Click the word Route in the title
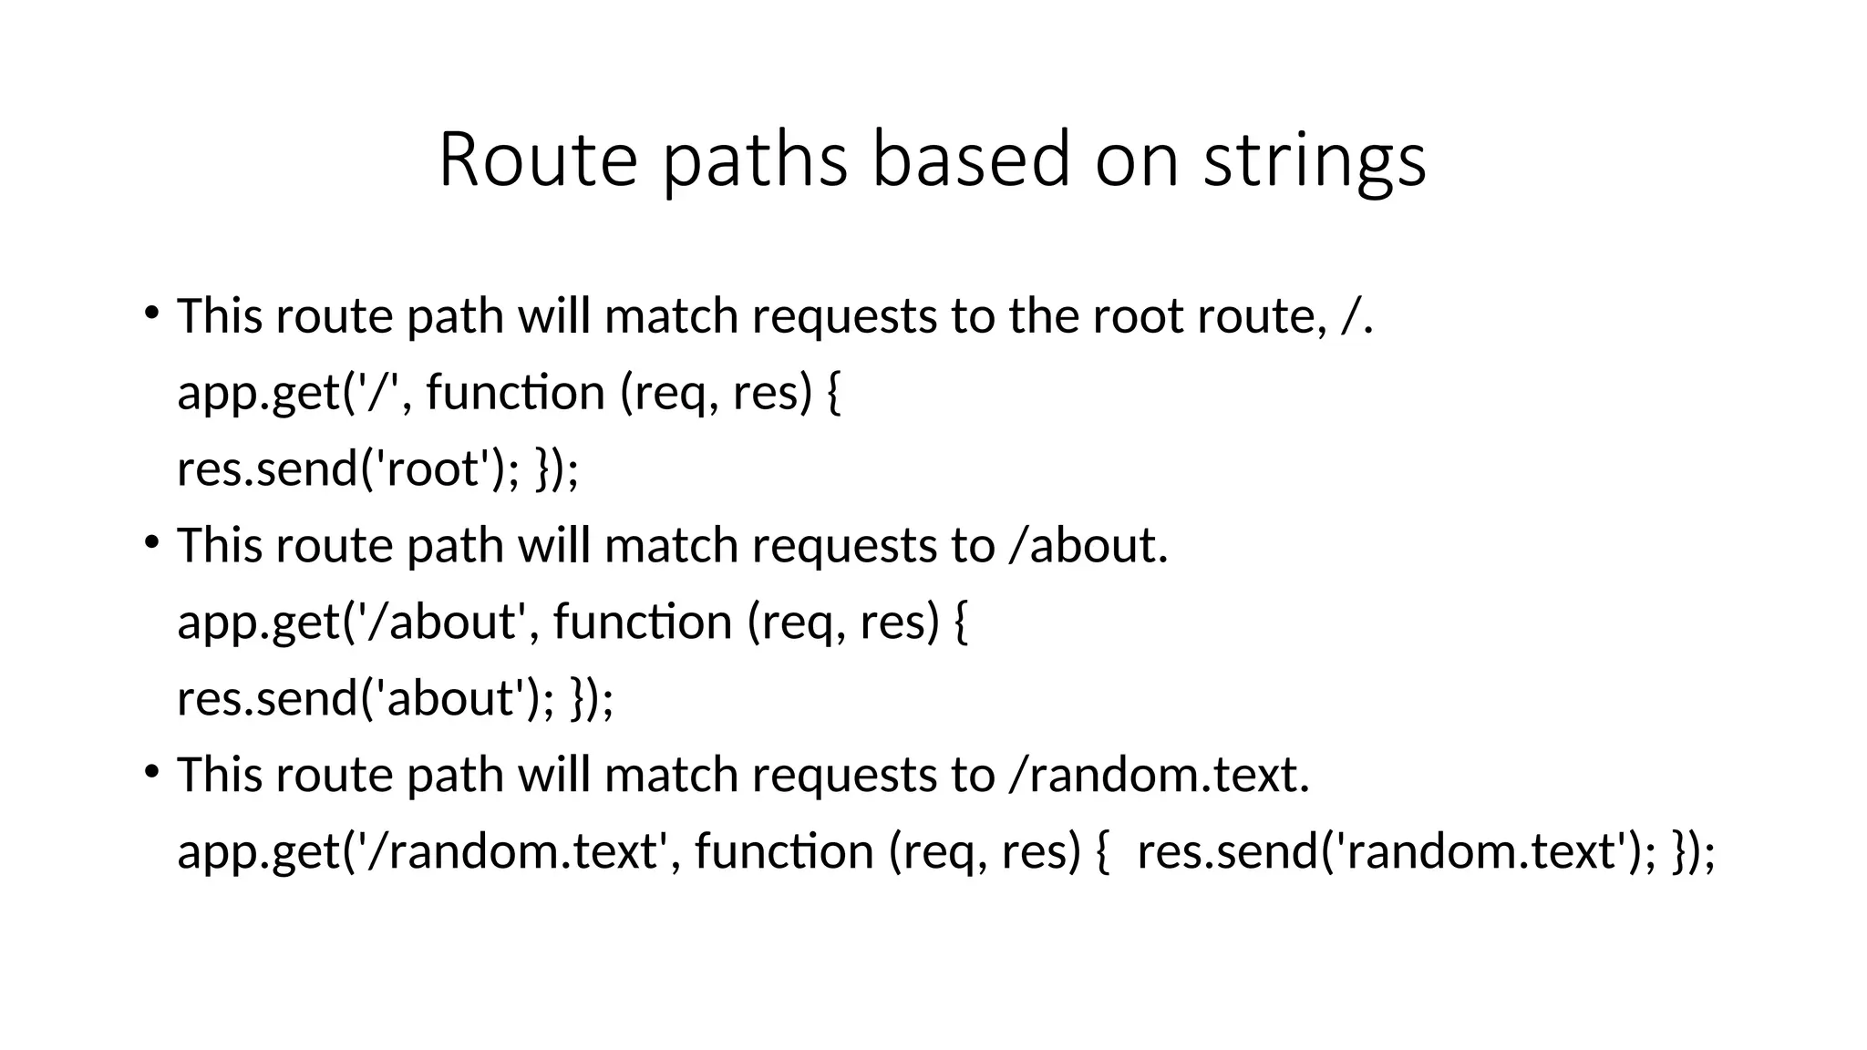[x=538, y=160]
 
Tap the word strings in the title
[x=1315, y=162]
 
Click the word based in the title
[x=972, y=160]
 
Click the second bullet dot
[x=151, y=542]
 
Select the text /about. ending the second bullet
[x=1088, y=545]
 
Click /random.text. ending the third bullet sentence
[x=1159, y=775]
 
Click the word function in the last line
[x=784, y=851]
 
